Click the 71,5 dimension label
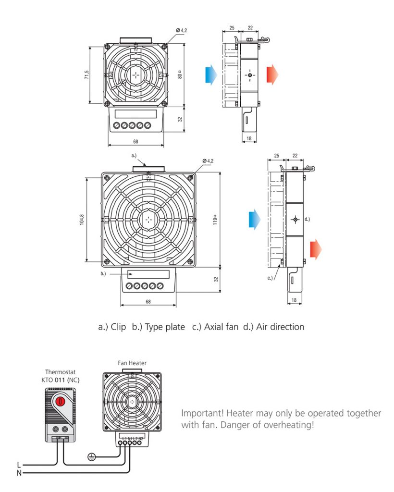pyautogui.click(x=86, y=75)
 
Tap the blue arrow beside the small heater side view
pyautogui.click(x=210, y=75)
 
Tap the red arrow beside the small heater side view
pyautogui.click(x=272, y=75)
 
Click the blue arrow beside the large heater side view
pyautogui.click(x=255, y=219)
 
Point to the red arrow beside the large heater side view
pyautogui.click(x=316, y=250)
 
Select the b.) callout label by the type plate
pyautogui.click(x=103, y=274)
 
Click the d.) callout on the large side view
pyautogui.click(x=307, y=219)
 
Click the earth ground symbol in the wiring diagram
pyautogui.click(x=91, y=456)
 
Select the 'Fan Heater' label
pyautogui.click(x=132, y=363)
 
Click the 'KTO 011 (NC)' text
pyautogui.click(x=61, y=380)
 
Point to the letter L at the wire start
pyautogui.click(x=19, y=465)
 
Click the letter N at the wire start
pyautogui.click(x=19, y=473)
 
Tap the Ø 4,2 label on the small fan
pyautogui.click(x=182, y=30)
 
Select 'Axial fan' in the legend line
pyautogui.click(x=221, y=327)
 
